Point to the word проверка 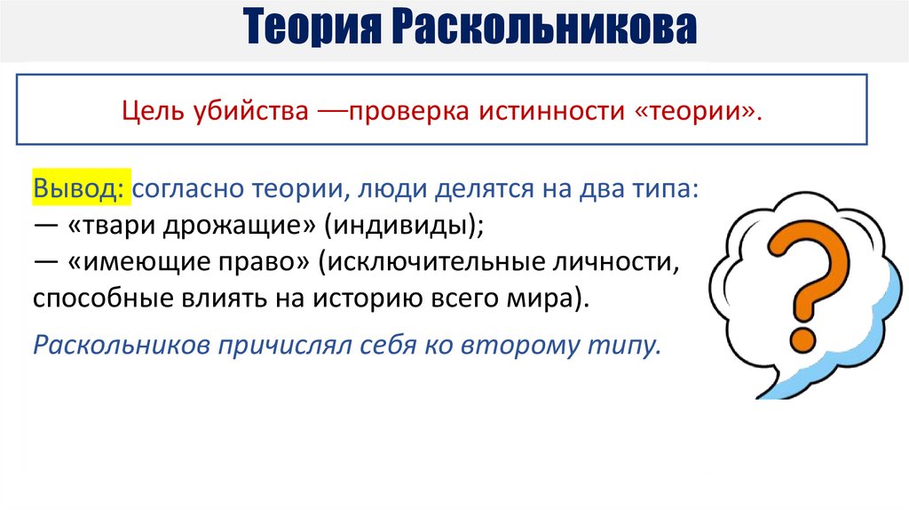click(x=409, y=114)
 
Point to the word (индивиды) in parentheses click(x=404, y=226)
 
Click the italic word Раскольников click(x=119, y=344)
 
